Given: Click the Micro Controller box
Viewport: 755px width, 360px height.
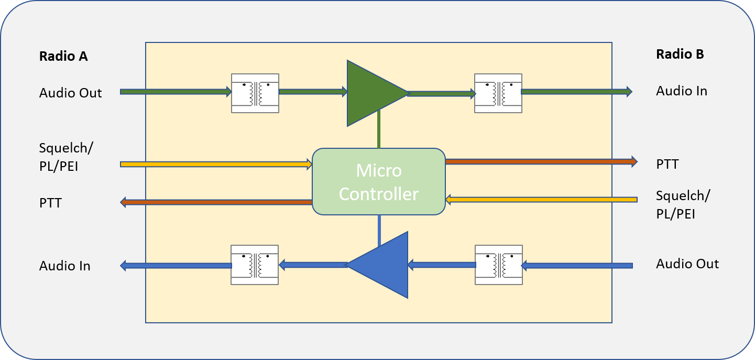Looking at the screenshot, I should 378,182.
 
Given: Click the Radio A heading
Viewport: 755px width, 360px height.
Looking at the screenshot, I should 63,57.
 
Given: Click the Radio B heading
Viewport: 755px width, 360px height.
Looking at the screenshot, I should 680,54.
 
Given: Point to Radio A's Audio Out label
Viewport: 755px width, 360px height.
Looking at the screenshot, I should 70,93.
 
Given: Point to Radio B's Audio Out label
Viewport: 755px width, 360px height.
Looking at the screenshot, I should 687,264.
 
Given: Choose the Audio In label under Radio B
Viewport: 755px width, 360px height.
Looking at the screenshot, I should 681,91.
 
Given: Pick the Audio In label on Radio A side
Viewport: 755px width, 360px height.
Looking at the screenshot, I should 64,266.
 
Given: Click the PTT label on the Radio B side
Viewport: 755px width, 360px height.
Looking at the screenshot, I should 667,165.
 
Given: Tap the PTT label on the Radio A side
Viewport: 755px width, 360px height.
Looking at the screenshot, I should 50,203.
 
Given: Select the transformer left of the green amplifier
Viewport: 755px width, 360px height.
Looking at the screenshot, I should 255,93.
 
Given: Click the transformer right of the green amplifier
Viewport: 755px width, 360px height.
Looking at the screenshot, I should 498,93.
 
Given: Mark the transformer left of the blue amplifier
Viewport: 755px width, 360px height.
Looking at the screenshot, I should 255,265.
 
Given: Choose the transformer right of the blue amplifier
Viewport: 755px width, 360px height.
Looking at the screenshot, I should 499,265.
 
